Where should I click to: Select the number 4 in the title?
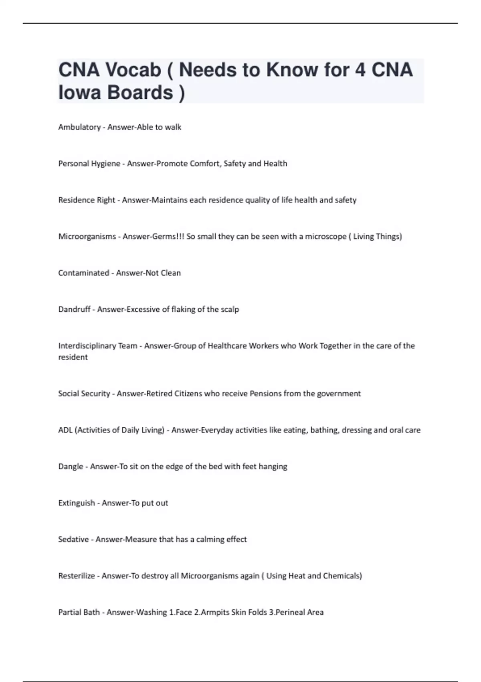point(360,70)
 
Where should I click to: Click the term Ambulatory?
point(79,127)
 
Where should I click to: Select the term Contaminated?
point(83,273)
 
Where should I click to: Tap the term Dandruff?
point(74,309)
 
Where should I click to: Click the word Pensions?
point(265,394)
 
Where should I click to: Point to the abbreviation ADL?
point(65,430)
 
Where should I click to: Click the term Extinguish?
point(77,503)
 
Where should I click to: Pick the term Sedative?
point(73,540)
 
